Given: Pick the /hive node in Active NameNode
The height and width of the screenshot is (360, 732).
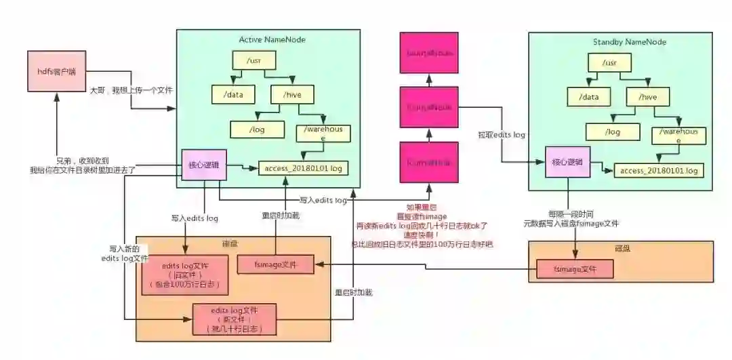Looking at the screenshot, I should coord(292,95).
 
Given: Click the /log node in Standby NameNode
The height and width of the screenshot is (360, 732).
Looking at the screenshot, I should coord(612,132).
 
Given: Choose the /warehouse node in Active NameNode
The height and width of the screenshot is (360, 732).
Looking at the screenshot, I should coord(323,133).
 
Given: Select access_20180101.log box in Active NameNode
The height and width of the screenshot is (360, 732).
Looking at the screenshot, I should coord(303,167).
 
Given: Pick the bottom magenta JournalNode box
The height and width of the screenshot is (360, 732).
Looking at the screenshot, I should coord(429,162).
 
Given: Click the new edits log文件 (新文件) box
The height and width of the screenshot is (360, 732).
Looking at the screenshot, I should coord(235,319).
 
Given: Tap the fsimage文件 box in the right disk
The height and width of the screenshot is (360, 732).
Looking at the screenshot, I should coord(575,269).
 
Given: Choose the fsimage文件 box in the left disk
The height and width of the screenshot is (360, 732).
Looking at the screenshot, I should coord(276,264).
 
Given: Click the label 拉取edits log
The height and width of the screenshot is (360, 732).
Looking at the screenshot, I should coord(502,135).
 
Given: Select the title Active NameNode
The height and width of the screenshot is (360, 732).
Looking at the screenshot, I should coord(272,39).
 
